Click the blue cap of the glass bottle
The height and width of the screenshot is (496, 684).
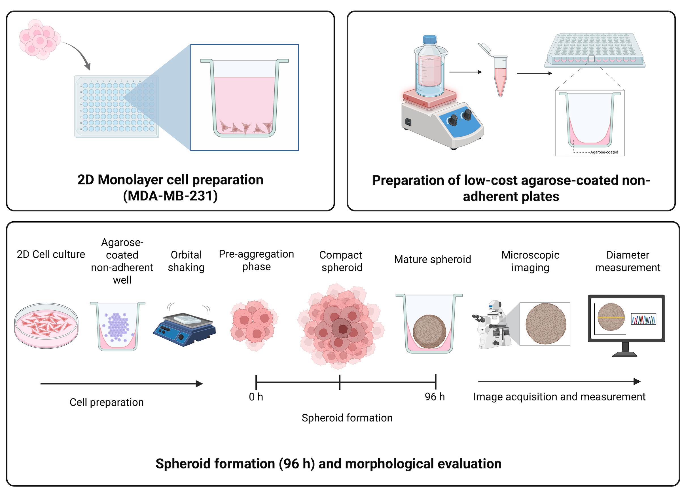429,39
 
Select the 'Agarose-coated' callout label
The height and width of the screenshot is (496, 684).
604,152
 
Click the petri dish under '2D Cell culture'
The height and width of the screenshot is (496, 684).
46,325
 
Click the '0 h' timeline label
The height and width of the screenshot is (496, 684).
256,397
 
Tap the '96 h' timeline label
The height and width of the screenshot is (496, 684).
435,397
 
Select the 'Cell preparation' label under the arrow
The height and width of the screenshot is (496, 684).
107,402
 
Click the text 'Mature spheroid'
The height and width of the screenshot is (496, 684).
432,259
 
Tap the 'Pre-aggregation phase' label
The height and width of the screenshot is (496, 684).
256,260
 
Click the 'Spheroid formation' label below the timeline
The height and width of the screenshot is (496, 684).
347,418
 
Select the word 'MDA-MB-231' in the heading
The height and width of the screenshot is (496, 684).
170,196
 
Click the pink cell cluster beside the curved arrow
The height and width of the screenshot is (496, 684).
39,39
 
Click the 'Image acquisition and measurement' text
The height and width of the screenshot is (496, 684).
559,397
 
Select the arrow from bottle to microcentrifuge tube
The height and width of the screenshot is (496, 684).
465,72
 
